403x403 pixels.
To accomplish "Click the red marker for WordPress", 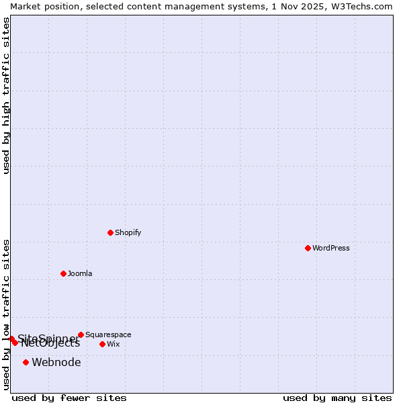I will [308, 248].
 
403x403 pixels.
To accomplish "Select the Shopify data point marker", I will [110, 232].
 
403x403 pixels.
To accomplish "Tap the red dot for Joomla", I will [63, 273].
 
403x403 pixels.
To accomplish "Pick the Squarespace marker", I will [81, 334].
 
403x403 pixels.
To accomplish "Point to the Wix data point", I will [102, 344].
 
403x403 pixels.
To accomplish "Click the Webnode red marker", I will [26, 362].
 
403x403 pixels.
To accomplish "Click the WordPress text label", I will [331, 248].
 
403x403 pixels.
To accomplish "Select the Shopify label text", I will [128, 232].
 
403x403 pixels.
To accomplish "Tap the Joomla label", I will [80, 273].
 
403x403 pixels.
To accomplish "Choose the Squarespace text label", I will [108, 334].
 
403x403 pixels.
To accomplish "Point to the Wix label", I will [113, 344].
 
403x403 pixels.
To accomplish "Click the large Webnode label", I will [56, 362].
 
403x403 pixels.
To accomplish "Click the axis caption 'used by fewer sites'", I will [69, 398].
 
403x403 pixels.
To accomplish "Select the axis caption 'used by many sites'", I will [337, 398].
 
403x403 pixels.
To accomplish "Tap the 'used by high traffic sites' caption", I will [6, 95].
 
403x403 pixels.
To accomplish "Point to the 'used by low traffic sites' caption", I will [6, 314].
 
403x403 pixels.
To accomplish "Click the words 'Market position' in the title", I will [41, 6].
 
